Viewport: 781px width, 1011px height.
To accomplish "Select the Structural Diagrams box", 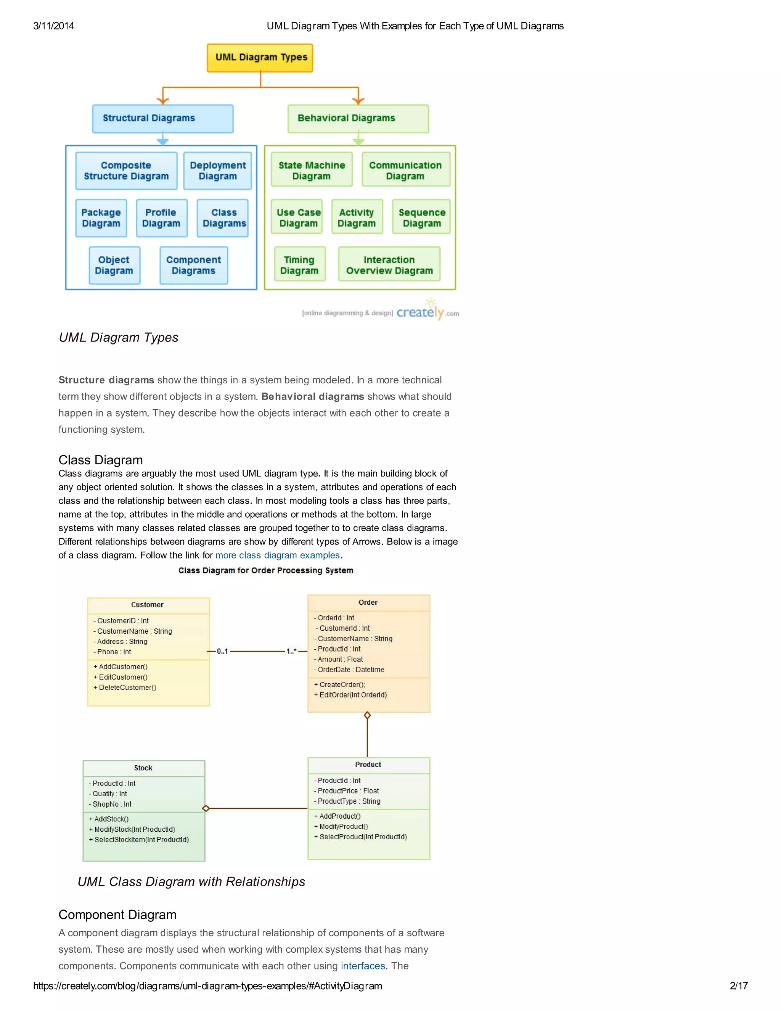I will point(162,119).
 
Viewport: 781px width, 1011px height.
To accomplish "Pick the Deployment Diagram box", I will point(217,171).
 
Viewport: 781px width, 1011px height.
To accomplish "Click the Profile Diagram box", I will point(161,218).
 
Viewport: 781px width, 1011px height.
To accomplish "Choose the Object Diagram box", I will point(114,265).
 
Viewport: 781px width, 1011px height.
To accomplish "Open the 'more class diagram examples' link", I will point(278,555).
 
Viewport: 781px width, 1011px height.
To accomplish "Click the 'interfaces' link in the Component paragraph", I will point(363,966).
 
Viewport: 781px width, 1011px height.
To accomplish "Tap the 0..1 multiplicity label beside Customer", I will point(223,651).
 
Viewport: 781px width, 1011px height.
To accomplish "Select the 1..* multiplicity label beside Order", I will point(291,651).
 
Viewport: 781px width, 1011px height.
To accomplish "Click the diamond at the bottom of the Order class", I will point(367,715).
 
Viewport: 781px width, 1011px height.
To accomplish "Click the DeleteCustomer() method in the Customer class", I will point(127,687).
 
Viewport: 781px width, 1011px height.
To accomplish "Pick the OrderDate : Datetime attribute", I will point(351,670).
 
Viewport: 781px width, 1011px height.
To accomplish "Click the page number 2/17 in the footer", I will point(738,986).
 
